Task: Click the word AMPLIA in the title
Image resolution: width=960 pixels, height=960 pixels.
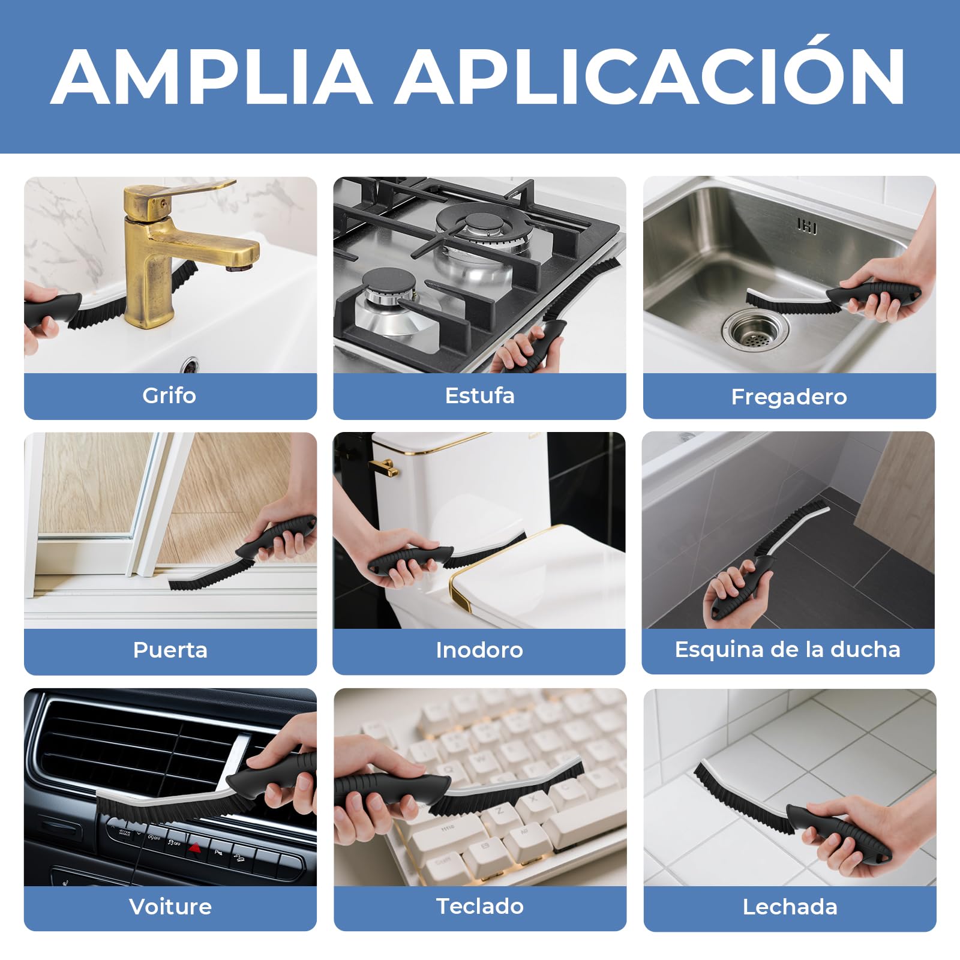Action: [x=211, y=76]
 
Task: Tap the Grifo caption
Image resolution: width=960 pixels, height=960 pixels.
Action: [x=169, y=396]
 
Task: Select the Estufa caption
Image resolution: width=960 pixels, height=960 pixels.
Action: [x=479, y=395]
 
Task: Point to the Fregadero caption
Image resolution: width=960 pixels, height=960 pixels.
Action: [x=789, y=397]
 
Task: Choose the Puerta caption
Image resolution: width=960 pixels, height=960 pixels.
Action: [x=170, y=650]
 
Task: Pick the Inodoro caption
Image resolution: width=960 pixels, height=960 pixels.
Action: [x=479, y=650]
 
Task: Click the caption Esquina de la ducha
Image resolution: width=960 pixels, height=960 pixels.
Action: [x=787, y=650]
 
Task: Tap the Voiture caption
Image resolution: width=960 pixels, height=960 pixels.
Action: [x=170, y=906]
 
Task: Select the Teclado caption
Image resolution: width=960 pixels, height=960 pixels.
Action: [x=479, y=906]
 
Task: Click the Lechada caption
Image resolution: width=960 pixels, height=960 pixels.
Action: [x=790, y=907]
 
